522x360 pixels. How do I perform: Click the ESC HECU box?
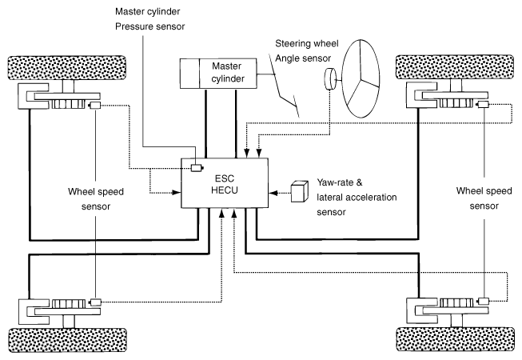225,183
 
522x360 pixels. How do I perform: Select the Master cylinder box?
218,74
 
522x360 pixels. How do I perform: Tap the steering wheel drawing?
361,78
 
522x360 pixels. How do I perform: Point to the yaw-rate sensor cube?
299,191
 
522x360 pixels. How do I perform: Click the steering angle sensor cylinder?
330,79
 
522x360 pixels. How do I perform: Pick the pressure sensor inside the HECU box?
197,168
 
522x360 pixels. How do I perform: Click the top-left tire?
67,68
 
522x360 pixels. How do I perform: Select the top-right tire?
455,67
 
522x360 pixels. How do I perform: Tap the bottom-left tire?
68,340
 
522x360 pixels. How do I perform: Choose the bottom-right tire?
456,339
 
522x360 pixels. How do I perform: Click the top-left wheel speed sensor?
94,106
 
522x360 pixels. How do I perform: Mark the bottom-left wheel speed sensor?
95,302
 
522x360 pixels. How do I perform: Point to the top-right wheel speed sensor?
483,105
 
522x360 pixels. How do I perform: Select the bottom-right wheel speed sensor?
483,301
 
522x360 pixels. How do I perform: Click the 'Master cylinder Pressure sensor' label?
149,19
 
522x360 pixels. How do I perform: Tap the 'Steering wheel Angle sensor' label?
307,51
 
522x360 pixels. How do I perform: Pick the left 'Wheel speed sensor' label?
96,199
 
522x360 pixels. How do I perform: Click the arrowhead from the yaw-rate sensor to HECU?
273,193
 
